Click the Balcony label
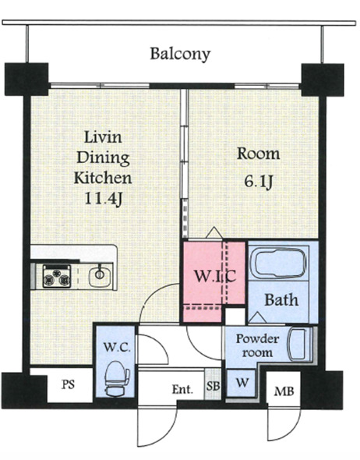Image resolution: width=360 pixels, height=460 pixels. click(180, 54)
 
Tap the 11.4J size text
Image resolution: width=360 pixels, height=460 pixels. click(103, 199)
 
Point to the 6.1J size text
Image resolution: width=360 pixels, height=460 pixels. click(258, 182)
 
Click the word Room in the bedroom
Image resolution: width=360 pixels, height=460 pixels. click(258, 154)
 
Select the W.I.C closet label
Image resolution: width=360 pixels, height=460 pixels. click(215, 276)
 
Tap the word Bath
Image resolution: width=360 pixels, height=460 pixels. click(281, 300)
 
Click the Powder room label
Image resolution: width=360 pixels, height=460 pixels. click(257, 345)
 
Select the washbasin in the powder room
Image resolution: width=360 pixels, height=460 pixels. click(298, 345)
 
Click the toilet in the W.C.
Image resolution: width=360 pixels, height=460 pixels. click(117, 380)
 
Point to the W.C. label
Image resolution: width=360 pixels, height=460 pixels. click(117, 348)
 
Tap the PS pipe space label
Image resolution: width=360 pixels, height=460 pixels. click(68, 384)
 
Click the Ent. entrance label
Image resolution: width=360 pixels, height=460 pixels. click(182, 389)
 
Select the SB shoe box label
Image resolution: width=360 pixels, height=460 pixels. click(213, 386)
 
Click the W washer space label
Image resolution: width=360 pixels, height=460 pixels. click(242, 382)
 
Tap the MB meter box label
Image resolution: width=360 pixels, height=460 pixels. click(284, 391)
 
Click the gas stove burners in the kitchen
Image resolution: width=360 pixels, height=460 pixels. click(57, 276)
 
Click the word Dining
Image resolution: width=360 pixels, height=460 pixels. click(103, 157)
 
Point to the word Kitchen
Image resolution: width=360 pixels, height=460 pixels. click(103, 178)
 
